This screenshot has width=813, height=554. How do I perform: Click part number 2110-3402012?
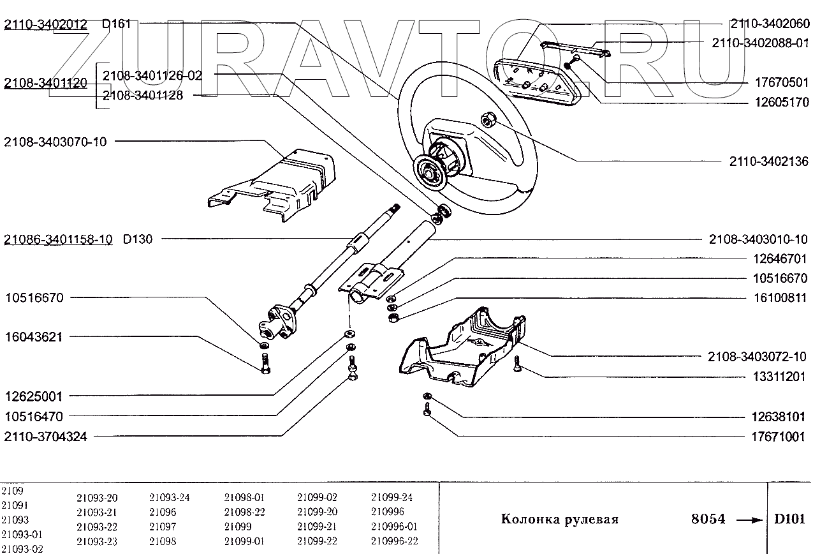(x=46, y=25)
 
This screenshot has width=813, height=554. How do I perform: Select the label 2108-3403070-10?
(x=55, y=142)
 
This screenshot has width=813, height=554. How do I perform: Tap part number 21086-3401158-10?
(x=58, y=239)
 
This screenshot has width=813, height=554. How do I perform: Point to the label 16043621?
(x=34, y=337)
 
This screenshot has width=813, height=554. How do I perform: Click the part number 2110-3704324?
(x=45, y=437)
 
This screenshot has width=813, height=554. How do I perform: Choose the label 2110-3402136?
(x=768, y=162)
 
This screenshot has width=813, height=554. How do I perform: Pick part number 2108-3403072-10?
(x=758, y=356)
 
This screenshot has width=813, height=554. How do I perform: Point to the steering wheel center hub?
(x=433, y=170)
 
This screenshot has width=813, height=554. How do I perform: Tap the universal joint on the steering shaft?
(x=275, y=319)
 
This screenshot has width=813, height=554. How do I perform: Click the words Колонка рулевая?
(x=559, y=519)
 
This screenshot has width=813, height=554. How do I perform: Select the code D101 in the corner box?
(x=789, y=518)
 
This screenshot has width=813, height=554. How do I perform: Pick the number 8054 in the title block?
(x=708, y=519)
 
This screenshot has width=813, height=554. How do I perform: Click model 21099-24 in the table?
(x=392, y=497)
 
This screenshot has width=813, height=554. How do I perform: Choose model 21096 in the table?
(x=163, y=512)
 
